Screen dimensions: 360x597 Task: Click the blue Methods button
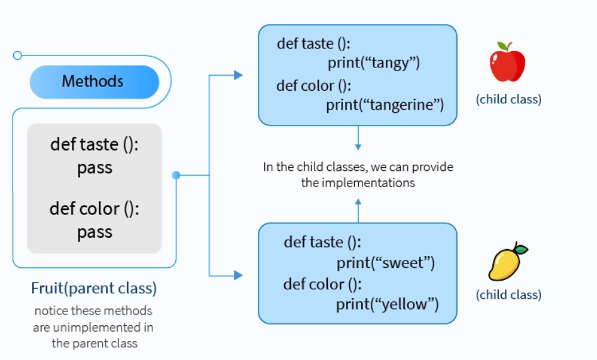tap(94, 81)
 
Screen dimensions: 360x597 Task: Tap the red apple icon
tap(507, 63)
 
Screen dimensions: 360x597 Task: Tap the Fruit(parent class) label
tap(94, 289)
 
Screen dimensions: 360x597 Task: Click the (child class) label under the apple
tap(508, 99)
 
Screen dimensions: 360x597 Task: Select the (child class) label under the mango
tap(508, 294)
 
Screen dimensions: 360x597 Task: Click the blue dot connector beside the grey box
tap(176, 175)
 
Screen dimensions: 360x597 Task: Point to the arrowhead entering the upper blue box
tap(238, 75)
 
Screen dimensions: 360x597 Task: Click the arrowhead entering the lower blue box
tap(238, 276)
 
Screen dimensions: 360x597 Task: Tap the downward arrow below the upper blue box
tap(358, 146)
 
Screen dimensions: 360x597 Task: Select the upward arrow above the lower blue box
tap(358, 202)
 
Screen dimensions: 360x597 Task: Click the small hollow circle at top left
tap(18, 55)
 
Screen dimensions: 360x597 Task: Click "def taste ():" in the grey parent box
tap(94, 144)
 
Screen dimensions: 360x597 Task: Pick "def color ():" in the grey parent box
tap(94, 208)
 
